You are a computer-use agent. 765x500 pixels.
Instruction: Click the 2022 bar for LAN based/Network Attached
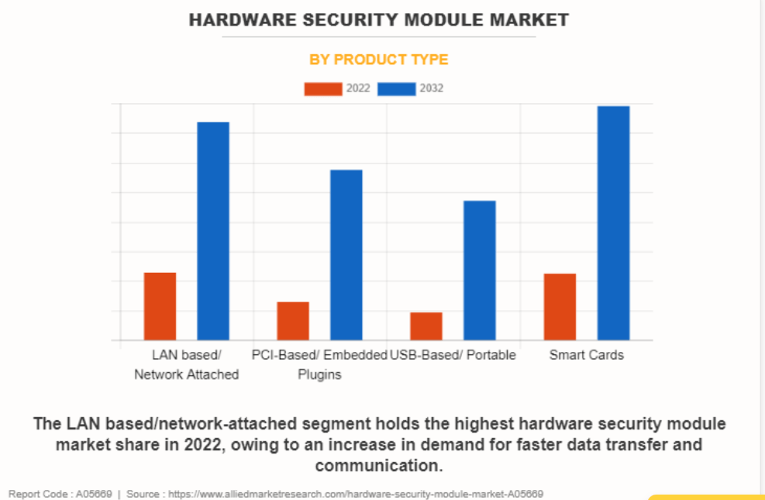tap(160, 306)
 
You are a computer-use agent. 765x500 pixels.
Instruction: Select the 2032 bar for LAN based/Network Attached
tap(213, 231)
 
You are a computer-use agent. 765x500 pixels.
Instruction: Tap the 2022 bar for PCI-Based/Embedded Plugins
tap(293, 321)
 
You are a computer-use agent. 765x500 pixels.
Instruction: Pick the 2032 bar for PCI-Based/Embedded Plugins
tap(346, 255)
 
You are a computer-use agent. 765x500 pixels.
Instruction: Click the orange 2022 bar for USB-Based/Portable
tap(426, 326)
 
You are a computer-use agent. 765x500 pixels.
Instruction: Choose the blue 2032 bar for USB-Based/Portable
tap(480, 271)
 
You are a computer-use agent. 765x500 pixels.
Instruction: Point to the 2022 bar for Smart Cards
tap(560, 307)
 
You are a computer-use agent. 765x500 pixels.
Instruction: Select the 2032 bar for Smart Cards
tap(613, 223)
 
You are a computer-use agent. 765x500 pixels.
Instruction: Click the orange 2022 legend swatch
tap(322, 88)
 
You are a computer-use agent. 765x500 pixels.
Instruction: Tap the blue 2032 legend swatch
tap(396, 88)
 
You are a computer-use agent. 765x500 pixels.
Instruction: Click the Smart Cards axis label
tap(587, 355)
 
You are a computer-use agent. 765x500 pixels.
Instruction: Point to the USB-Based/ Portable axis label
tap(453, 355)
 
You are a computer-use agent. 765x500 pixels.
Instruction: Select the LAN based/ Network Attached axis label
tap(187, 365)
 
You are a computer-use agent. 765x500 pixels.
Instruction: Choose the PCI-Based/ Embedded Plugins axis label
tap(319, 365)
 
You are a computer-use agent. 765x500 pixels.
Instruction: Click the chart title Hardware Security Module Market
tap(379, 20)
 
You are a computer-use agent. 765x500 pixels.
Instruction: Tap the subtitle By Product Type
tap(379, 60)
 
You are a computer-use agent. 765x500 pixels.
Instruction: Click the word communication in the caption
tap(378, 466)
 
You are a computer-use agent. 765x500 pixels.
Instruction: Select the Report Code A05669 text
tap(60, 494)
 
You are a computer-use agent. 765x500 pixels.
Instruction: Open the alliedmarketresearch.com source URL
tap(357, 494)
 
